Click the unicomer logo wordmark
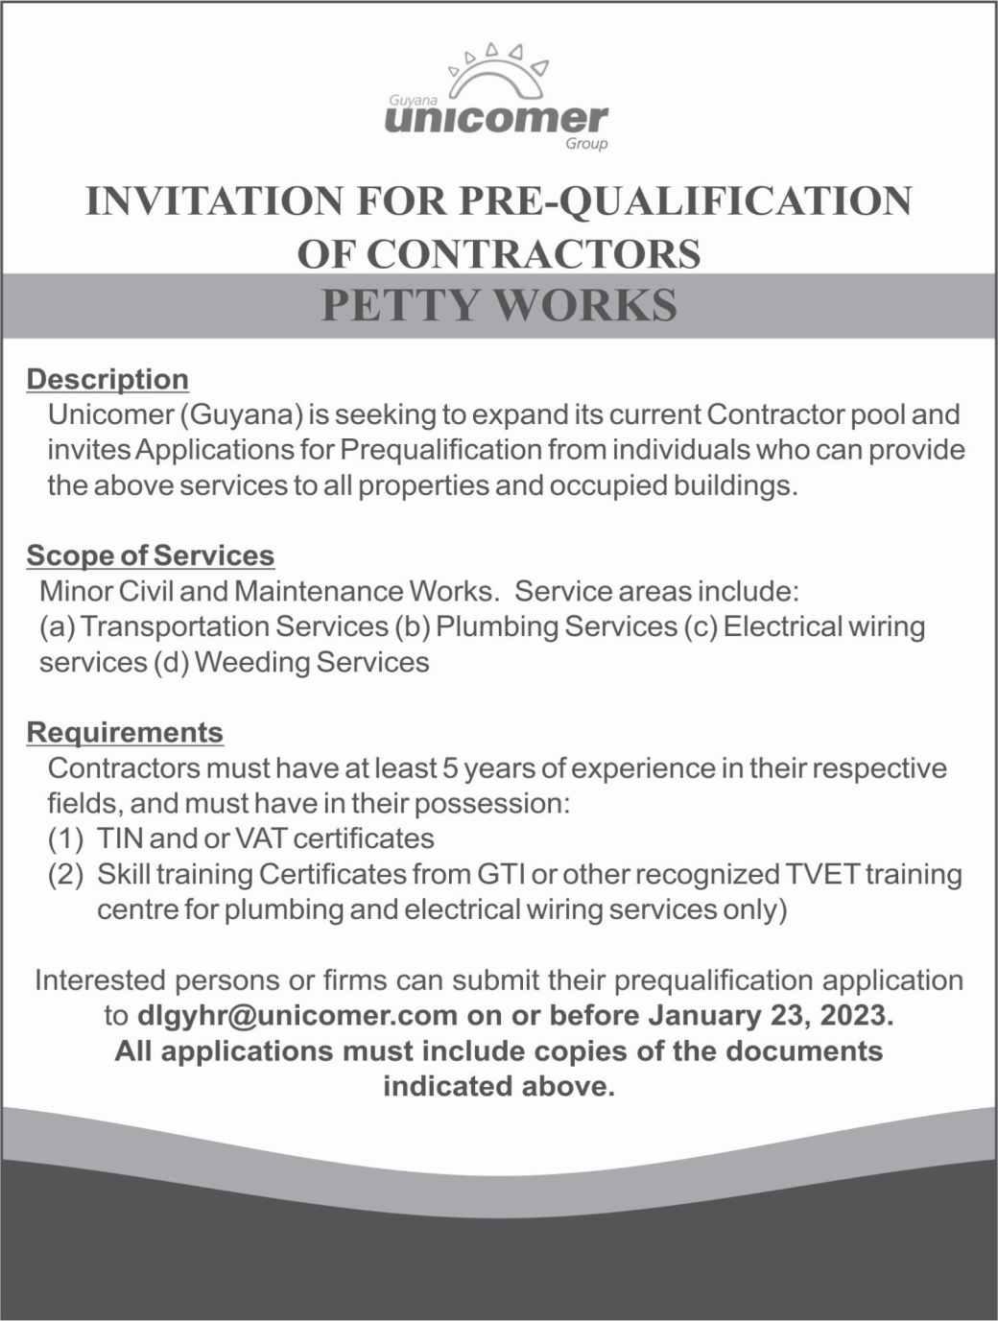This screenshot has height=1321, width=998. click(x=495, y=119)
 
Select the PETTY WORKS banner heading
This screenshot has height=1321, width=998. click(x=498, y=304)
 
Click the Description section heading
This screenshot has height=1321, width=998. click(x=107, y=379)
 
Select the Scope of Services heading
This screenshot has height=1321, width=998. click(x=151, y=555)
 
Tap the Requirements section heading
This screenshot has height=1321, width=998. click(x=125, y=733)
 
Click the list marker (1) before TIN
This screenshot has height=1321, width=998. click(x=65, y=838)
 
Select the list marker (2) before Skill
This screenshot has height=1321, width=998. click(x=65, y=874)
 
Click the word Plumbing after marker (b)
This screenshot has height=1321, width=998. click(x=496, y=626)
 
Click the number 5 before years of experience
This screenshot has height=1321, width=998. click(x=449, y=768)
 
